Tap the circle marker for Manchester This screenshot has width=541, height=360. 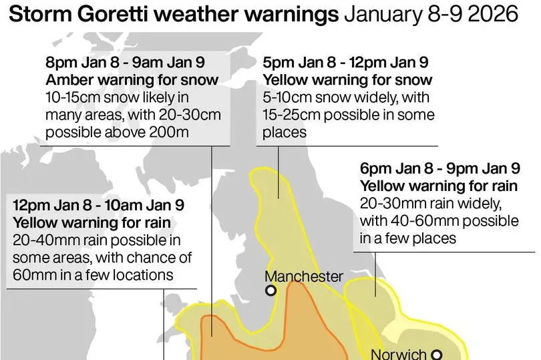tap(270, 291)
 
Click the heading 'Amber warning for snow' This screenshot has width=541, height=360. tap(132, 80)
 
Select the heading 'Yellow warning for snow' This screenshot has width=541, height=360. tap(347, 80)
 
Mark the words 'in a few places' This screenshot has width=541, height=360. tap(408, 238)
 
